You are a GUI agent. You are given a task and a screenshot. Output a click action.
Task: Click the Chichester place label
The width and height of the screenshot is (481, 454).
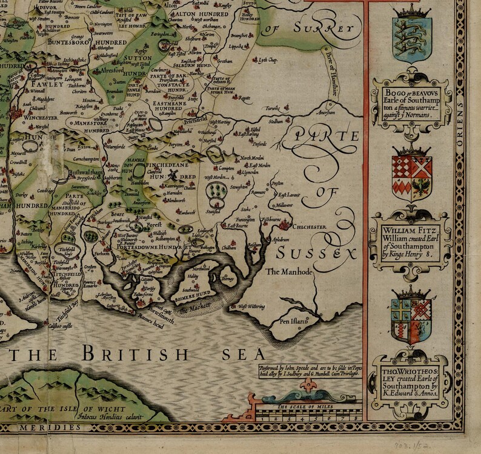310,228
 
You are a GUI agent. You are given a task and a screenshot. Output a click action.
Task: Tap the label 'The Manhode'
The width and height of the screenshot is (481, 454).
290,273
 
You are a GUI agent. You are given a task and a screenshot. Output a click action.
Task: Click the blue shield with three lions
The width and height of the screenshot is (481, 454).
412,36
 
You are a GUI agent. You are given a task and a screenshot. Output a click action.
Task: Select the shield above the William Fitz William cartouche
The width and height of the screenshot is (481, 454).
412,176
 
